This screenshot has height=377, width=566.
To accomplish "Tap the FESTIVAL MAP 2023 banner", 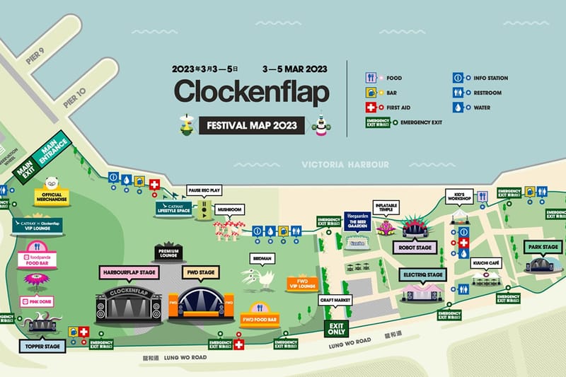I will pos(251,126).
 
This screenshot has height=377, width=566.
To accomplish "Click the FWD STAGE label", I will pos(200,272).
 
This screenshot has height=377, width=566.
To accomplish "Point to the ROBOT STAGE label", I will pos(414,248).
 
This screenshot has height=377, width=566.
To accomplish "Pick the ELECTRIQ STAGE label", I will pos(424,274).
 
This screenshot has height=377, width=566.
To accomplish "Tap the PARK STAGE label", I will pos(543,247).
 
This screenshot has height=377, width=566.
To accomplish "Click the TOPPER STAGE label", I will pos(42,347).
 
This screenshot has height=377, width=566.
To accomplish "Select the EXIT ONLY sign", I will pos(337,329).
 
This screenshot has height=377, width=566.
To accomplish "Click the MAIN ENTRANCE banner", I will pos(54,149).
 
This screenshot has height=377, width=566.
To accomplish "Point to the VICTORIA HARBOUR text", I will pos(345,164).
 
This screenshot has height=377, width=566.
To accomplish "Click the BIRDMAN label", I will pos(260,259).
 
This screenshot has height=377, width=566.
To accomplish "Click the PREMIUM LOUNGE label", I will pos(169,253).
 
